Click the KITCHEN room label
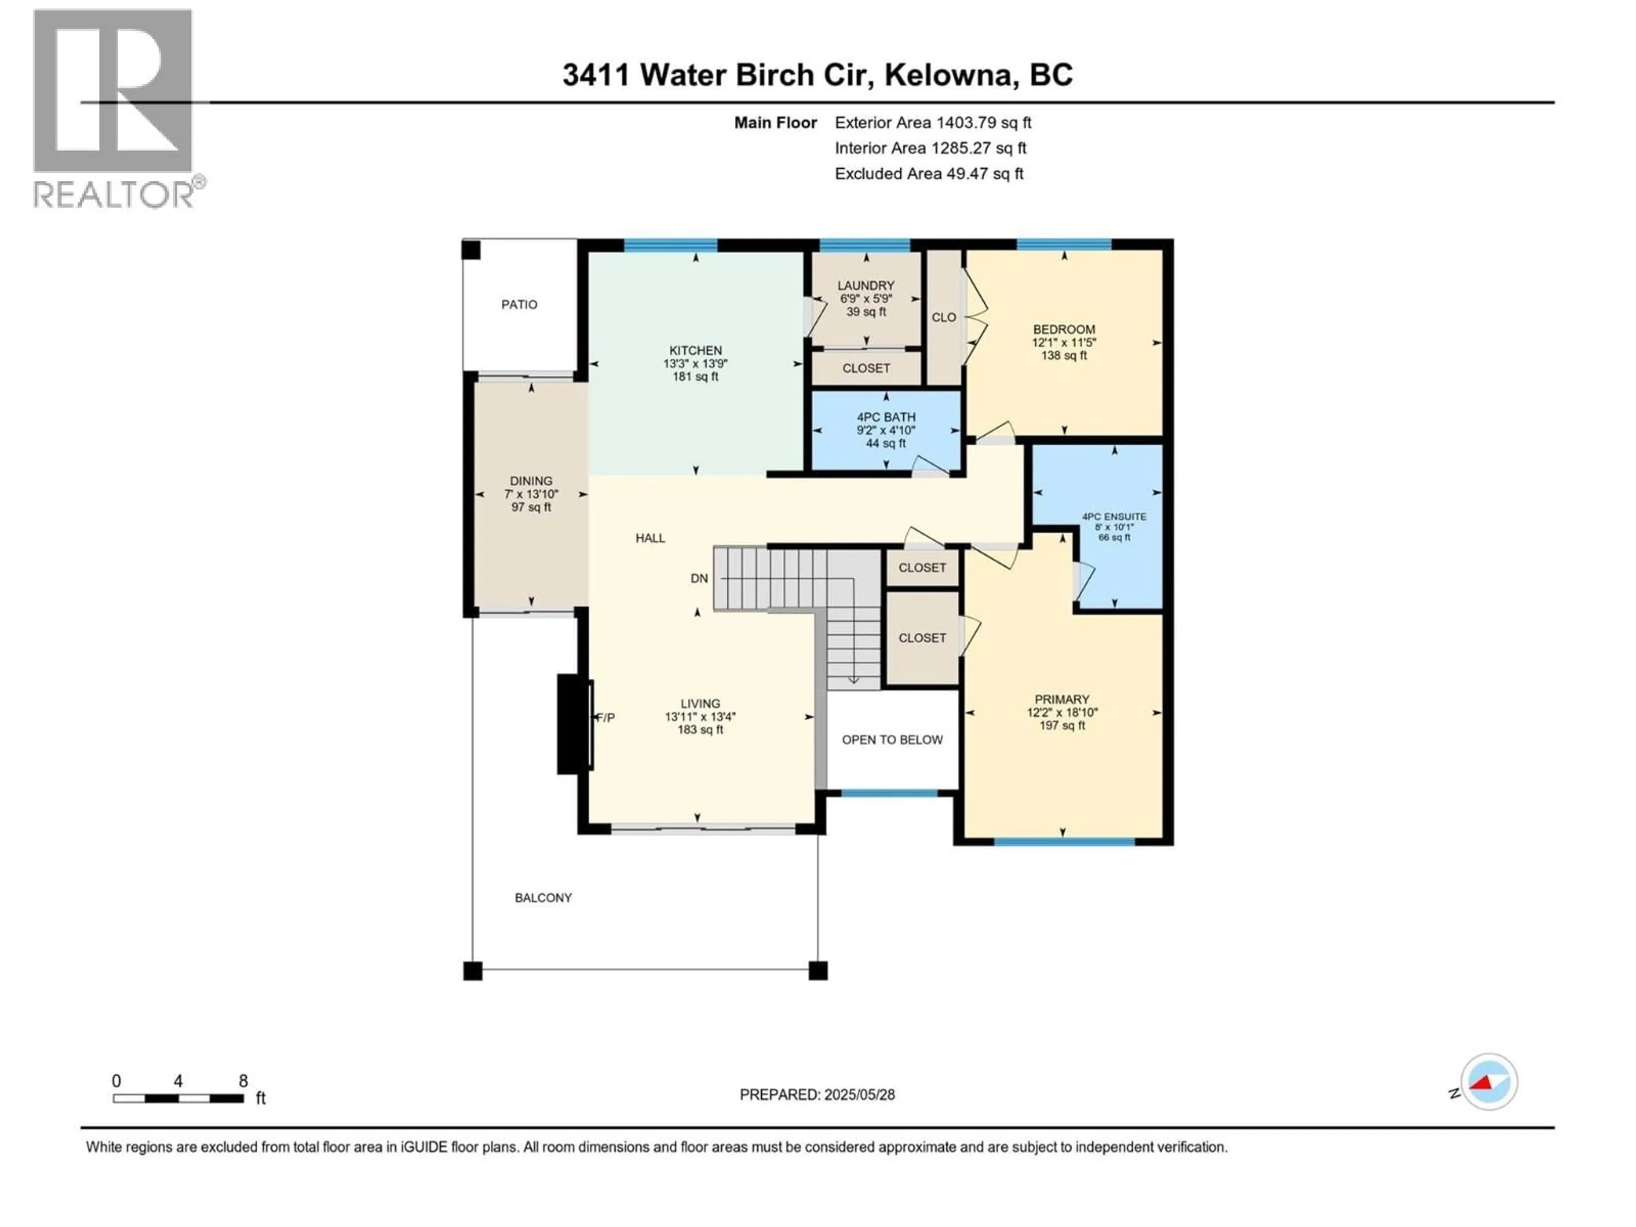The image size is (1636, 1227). click(x=695, y=351)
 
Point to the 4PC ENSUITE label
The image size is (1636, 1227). click(x=1114, y=517)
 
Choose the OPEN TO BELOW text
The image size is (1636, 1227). click(x=892, y=740)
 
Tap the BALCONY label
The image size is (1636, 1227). click(x=543, y=898)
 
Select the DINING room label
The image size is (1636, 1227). click(x=531, y=481)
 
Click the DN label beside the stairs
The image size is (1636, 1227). click(x=699, y=579)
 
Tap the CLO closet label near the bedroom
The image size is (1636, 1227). click(x=944, y=317)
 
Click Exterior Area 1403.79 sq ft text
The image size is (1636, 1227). click(x=933, y=123)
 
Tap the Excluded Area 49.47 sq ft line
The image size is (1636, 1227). click(x=929, y=174)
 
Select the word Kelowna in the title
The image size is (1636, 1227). click(x=949, y=75)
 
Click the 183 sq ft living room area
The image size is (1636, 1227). click(x=700, y=730)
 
